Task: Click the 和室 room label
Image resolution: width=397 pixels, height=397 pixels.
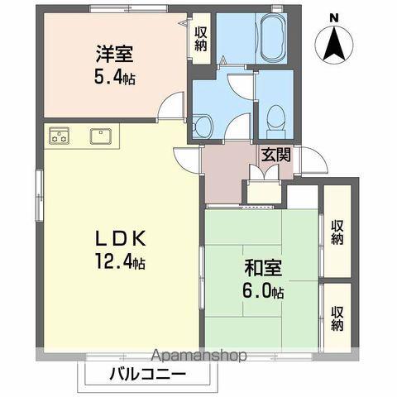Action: [x=263, y=269]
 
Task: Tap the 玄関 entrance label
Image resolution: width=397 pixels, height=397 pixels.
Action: [x=275, y=154]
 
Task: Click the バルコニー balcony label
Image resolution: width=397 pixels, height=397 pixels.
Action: [x=148, y=374]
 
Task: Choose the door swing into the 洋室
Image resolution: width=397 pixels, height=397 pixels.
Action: [x=171, y=106]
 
